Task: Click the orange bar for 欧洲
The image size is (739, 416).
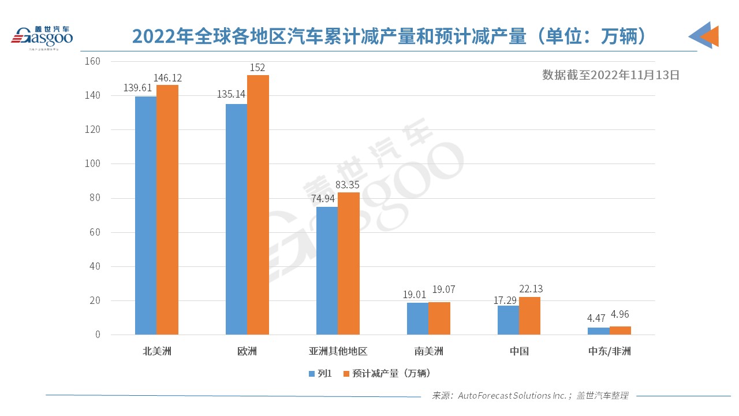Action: tap(258, 205)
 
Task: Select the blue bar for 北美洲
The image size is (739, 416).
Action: tap(145, 216)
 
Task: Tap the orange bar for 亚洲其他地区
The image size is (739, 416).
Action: tap(348, 263)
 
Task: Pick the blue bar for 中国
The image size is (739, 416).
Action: tap(508, 320)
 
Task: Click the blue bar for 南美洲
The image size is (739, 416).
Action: tap(417, 318)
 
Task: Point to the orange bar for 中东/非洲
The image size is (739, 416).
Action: tap(620, 330)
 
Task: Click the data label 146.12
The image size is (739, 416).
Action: tap(167, 77)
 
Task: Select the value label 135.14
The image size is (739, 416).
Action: tap(231, 94)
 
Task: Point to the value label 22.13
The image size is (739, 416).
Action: tap(531, 289)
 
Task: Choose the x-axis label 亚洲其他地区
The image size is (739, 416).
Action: tap(338, 351)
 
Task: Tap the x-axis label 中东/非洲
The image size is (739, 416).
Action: tap(610, 351)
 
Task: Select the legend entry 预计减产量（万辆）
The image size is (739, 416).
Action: tap(387, 373)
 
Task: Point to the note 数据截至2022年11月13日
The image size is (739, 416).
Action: tap(610, 75)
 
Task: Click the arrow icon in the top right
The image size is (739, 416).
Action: tap(704, 35)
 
